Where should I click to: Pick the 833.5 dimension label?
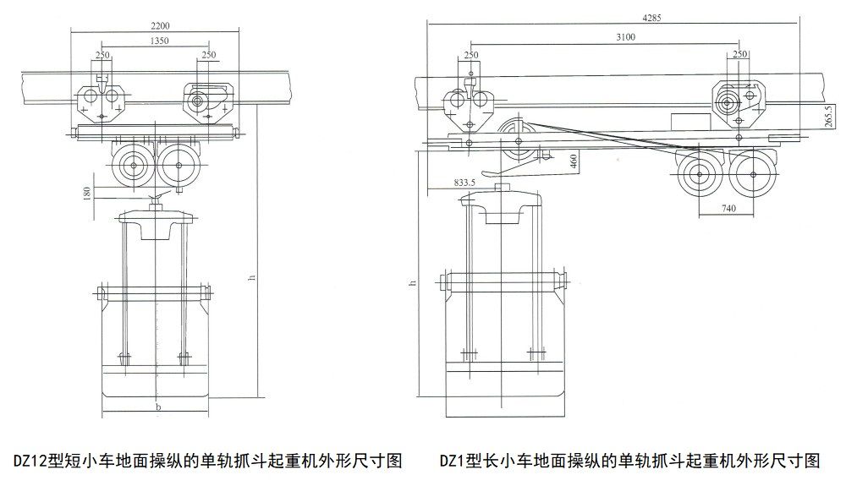point(467,182)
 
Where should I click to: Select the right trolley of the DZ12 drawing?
point(208,103)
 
